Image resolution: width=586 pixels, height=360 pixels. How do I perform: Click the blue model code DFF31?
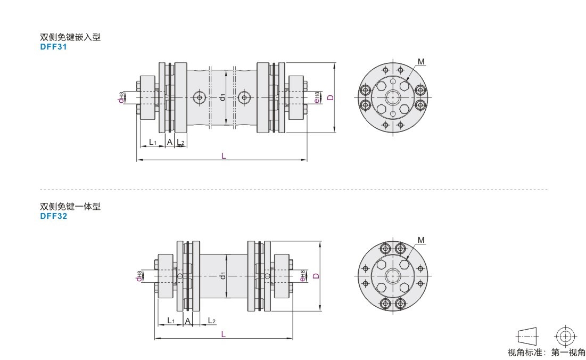tap(53, 47)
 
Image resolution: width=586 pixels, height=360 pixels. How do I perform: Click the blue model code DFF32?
tap(53, 216)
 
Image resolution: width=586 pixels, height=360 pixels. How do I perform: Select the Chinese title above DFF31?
tap(70, 37)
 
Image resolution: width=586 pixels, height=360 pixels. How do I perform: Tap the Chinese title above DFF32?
tap(70, 206)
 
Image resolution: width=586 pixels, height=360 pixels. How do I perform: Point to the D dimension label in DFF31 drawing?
tap(331, 97)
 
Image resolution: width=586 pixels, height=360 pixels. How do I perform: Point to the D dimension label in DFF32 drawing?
tap(316, 276)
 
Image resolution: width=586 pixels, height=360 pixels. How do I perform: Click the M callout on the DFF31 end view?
tap(421, 62)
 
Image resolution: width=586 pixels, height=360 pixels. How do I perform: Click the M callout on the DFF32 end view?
tap(421, 240)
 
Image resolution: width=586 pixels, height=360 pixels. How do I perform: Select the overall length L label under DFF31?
tap(224, 156)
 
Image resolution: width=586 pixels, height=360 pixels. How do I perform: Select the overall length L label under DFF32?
tap(224, 334)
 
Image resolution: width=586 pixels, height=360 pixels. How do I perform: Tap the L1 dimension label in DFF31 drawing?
tap(152, 142)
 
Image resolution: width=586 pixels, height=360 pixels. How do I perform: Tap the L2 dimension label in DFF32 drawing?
tap(211, 321)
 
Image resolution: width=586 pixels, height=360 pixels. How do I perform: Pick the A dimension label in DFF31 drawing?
tap(170, 142)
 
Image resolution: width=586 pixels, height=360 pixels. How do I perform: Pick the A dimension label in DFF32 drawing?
tap(187, 321)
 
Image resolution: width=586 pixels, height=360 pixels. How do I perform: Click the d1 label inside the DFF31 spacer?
tap(222, 97)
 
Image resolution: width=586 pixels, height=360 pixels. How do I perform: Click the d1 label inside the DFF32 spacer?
tap(222, 275)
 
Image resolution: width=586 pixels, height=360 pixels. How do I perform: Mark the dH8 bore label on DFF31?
tap(121, 97)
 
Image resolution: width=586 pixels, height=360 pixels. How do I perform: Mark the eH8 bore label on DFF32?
tap(302, 276)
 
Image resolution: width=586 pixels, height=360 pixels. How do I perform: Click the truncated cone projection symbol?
tap(527, 337)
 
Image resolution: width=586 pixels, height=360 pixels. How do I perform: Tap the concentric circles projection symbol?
tap(565, 337)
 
